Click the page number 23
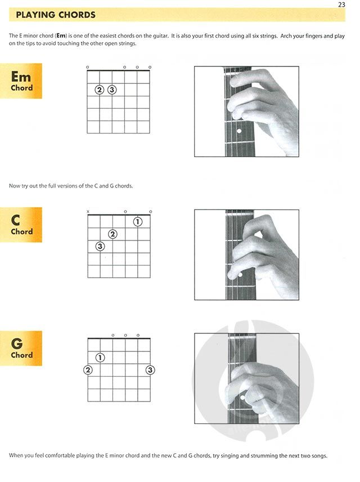(341, 5)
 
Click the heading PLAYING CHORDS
(56, 15)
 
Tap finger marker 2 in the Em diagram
(99, 90)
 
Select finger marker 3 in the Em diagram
(112, 90)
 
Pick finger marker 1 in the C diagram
(138, 222)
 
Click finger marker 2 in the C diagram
(112, 234)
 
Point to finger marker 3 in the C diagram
(100, 247)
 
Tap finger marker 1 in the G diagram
(100, 358)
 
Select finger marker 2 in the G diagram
(88, 370)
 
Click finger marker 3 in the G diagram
(150, 370)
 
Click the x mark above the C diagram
(88, 212)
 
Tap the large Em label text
(21, 77)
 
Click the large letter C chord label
(15, 220)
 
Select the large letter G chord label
(16, 343)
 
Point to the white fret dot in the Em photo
(239, 131)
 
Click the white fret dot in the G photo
(242, 398)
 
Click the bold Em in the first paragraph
(61, 35)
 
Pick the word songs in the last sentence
(318, 456)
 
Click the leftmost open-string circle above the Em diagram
(88, 67)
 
